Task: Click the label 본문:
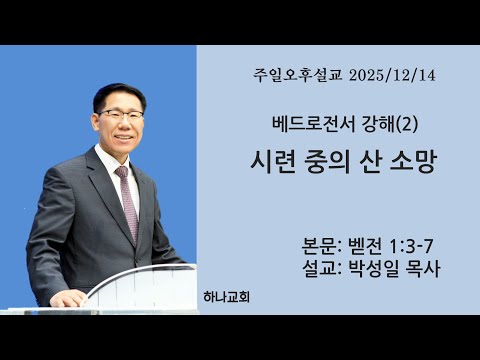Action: tap(322, 245)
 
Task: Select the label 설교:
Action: tap(322, 268)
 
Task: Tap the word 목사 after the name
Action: tap(421, 268)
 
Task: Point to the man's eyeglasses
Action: tap(121, 114)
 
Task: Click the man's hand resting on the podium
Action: tap(68, 297)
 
